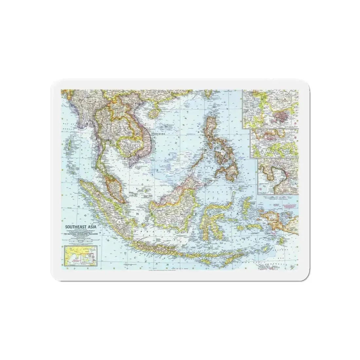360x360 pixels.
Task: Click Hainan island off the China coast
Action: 153,113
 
